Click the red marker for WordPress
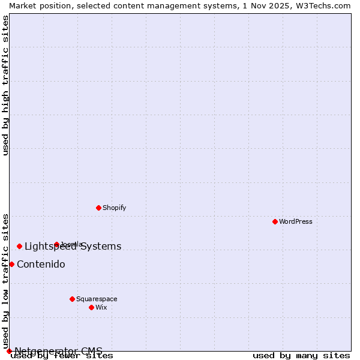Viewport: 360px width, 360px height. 275,221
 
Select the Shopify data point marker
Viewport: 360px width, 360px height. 98,208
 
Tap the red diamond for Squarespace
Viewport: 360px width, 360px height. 72,299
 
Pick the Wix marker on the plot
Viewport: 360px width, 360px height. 91,307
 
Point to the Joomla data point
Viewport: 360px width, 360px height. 56,244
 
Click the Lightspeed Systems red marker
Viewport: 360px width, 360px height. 19,246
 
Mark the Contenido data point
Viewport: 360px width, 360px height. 11,264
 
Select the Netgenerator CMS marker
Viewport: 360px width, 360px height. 9,351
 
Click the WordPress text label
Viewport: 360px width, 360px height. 296,221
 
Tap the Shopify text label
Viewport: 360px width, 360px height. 114,208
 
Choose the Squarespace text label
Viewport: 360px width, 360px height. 97,299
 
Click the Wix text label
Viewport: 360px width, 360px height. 101,307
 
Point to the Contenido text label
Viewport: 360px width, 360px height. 41,265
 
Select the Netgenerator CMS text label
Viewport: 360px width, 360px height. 58,351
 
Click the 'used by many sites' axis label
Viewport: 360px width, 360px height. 301,355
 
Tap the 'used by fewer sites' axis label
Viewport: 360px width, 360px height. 62,356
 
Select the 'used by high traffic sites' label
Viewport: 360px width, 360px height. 5,85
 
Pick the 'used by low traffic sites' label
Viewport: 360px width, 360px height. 5,281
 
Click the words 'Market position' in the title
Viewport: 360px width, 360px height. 37,5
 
